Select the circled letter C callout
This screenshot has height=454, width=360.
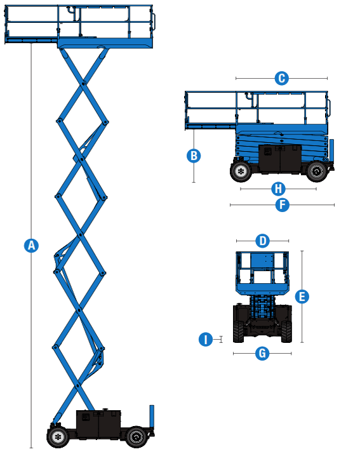[x=281, y=78]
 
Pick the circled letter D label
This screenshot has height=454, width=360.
[x=262, y=241]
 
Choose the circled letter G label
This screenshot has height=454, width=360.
[x=262, y=353]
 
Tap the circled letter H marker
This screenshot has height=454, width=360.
[x=277, y=189]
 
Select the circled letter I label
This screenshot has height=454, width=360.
[x=205, y=339]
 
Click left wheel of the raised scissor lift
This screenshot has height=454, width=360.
[x=57, y=437]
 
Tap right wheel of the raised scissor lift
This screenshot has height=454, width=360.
[x=135, y=437]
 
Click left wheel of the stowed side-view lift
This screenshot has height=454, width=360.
[x=241, y=170]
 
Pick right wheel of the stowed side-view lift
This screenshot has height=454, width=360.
[x=316, y=170]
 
